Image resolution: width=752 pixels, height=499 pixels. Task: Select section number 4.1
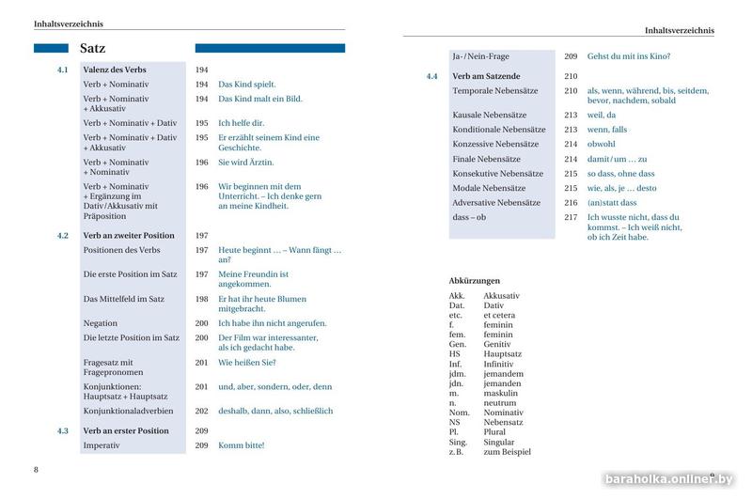tap(63, 70)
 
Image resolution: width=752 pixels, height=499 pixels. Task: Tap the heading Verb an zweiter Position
tap(129, 236)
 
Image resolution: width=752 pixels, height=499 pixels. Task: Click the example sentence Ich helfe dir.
tap(242, 123)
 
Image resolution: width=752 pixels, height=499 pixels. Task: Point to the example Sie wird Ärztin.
tap(246, 163)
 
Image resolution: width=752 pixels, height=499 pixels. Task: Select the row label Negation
tap(101, 323)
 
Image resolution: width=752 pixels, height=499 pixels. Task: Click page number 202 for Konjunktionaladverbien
tap(201, 411)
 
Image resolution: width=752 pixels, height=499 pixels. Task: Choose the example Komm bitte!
tap(242, 445)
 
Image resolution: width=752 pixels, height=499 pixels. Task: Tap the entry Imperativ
tap(102, 445)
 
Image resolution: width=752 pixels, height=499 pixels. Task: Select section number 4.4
tap(432, 76)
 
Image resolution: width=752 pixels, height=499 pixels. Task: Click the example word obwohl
tap(602, 144)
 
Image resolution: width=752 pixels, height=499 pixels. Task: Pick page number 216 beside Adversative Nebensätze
tap(571, 203)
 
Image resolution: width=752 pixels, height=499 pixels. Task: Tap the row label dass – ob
tap(470, 217)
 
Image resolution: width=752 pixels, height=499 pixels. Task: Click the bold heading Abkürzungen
tap(475, 281)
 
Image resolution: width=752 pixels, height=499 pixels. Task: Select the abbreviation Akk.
tap(458, 296)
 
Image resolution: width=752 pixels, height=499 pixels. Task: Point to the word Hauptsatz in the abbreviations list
tap(503, 354)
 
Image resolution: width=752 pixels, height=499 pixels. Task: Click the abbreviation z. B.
tap(459, 452)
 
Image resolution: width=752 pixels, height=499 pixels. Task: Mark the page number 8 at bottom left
tap(36, 469)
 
